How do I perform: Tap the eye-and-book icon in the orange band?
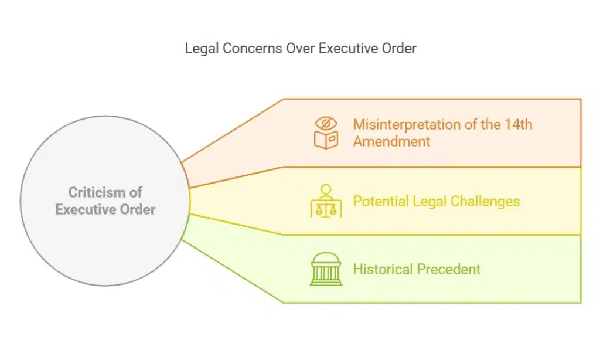(x=326, y=133)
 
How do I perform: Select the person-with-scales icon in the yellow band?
(x=326, y=201)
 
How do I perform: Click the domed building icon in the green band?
(x=326, y=269)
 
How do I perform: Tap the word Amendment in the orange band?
(x=391, y=141)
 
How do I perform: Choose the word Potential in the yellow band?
(x=380, y=202)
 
